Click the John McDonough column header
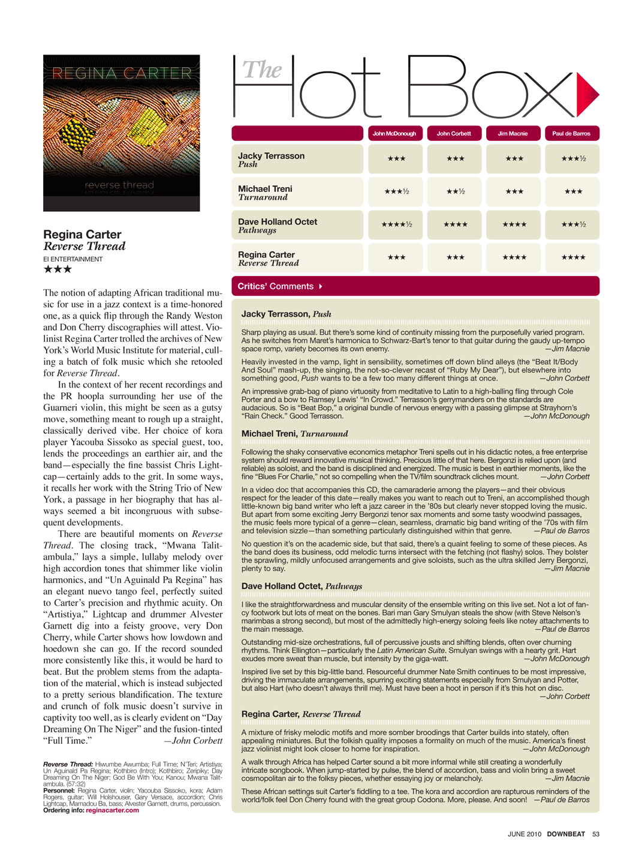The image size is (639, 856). [394, 133]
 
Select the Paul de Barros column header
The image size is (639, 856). [571, 133]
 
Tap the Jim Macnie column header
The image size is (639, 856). [513, 133]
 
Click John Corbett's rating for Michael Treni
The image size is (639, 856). [455, 191]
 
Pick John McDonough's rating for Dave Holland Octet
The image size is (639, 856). [396, 224]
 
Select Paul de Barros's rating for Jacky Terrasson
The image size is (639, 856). [573, 158]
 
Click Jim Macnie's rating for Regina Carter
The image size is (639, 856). [514, 257]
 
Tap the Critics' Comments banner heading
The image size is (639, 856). [276, 286]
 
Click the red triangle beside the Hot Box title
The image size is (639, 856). [586, 94]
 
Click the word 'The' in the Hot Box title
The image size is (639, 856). [262, 70]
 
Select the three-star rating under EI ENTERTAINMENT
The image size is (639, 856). [58, 269]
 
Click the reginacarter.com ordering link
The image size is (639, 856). [112, 810]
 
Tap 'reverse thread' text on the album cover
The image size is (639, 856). [119, 185]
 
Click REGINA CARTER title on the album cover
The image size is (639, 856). [122, 73]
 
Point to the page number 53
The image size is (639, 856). [596, 834]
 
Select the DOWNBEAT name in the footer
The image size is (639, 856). [566, 834]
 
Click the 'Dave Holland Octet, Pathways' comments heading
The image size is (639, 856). [302, 586]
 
